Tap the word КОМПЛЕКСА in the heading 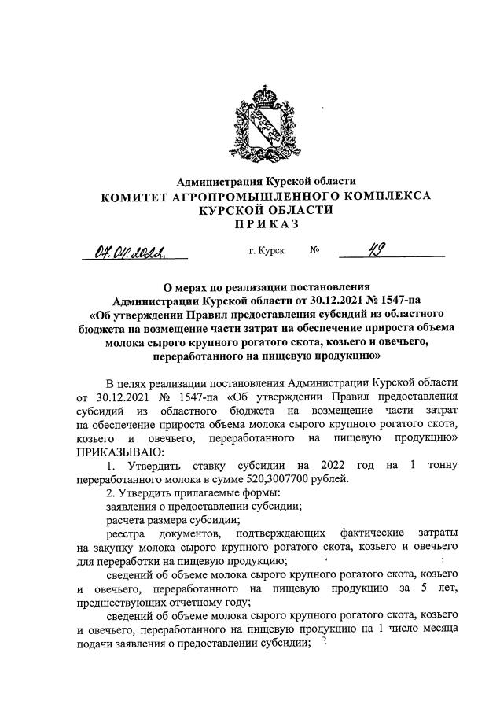tap(385, 196)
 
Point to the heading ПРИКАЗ tap(267, 224)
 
